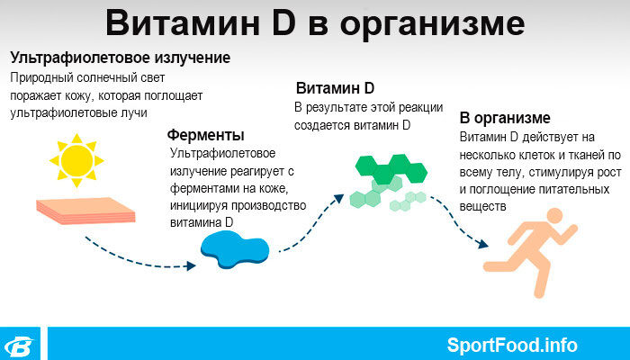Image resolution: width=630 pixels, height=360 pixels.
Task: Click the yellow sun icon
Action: click(76, 161)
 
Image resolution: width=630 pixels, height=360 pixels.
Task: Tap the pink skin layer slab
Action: click(85, 211)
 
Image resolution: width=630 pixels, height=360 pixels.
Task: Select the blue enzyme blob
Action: click(235, 249)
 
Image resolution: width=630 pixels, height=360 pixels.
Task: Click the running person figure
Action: click(530, 252)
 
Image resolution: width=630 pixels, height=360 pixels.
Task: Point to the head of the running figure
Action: click(555, 216)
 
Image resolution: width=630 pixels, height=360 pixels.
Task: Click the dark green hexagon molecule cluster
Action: click(391, 169)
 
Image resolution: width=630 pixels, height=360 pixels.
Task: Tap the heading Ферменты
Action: click(206, 135)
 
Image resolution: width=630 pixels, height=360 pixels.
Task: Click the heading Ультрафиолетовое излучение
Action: click(120, 58)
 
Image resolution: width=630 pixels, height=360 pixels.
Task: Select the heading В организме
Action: click(505, 118)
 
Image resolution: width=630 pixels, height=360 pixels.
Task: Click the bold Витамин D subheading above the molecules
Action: click(335, 88)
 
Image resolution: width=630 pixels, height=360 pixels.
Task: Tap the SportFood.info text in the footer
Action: click(512, 345)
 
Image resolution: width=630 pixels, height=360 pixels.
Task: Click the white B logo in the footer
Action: click(19, 346)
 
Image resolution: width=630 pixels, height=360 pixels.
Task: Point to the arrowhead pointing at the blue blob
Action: click(191, 265)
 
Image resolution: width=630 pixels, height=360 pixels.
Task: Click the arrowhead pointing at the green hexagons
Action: click(339, 199)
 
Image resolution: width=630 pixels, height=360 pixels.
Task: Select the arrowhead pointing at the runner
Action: click(483, 244)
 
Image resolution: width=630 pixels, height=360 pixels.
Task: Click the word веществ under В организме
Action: click(482, 206)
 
